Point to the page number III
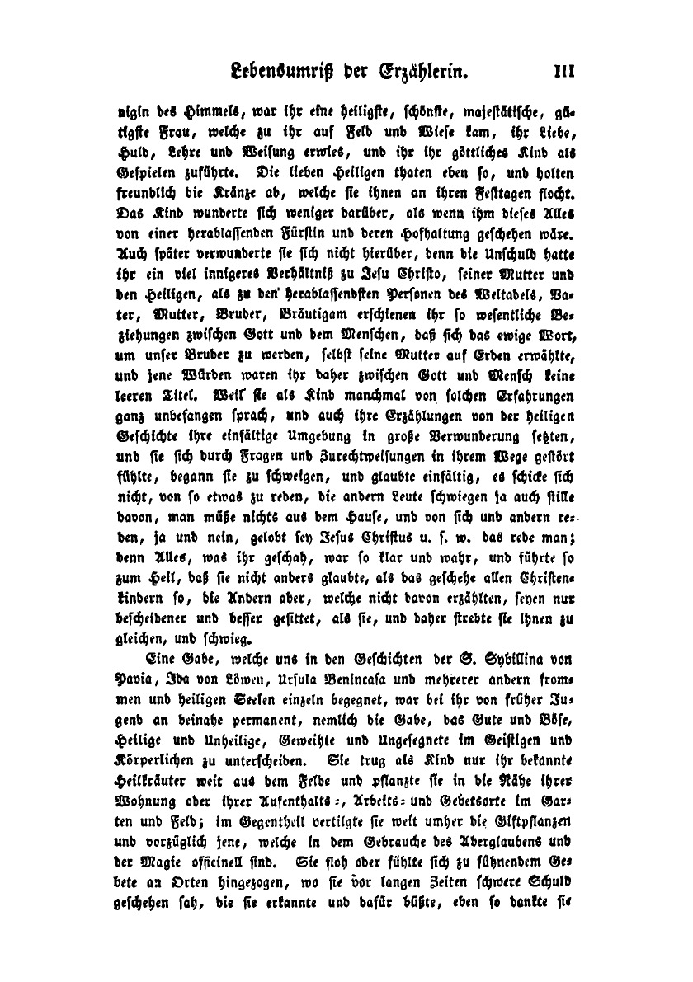click(563, 72)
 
